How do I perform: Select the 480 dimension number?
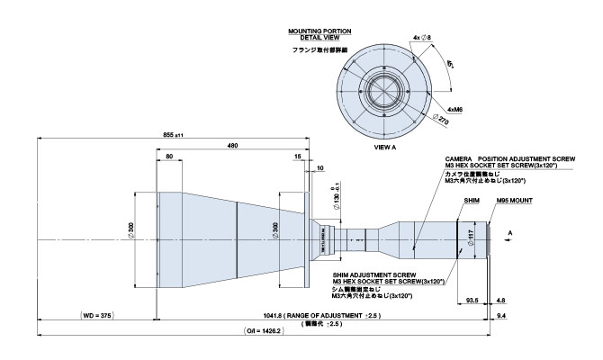tap(232, 147)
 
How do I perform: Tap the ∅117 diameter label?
tap(469, 236)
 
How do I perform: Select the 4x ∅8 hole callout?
tap(422, 38)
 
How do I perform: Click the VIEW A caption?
tap(385, 144)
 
